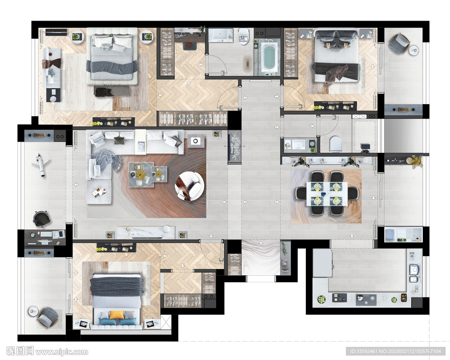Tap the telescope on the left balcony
coord(41,165)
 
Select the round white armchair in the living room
coord(189,186)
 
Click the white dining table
coord(327,194)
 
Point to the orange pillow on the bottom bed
coord(117,315)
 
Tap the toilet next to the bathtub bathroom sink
coord(243,36)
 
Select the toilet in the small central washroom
coord(336,144)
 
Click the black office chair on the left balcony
coord(41,219)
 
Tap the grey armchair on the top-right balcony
coord(399,43)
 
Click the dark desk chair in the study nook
coord(188,46)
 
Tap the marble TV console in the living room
coord(146,232)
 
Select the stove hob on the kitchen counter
coord(366,299)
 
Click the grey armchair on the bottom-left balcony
coord(47,317)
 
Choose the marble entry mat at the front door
coord(261,257)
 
